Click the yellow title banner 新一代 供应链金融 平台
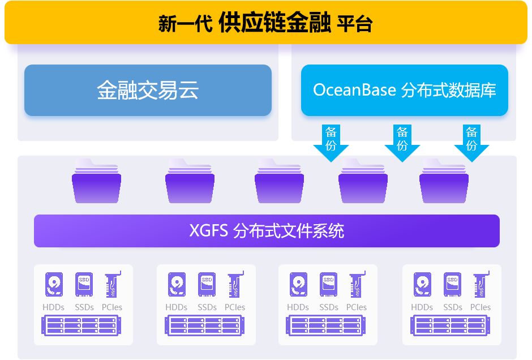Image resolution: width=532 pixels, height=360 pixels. (265, 23)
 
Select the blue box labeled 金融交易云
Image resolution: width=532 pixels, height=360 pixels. (148, 91)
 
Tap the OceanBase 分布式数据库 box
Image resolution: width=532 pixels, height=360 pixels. (404, 91)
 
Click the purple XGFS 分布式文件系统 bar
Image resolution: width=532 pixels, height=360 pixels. (267, 231)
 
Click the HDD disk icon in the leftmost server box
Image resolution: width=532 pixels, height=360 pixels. (54, 285)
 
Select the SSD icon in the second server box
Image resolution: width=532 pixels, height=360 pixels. (207, 285)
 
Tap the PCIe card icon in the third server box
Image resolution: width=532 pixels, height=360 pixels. (357, 285)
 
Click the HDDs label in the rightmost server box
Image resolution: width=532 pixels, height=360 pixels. (422, 307)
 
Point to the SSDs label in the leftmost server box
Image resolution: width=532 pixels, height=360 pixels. (84, 307)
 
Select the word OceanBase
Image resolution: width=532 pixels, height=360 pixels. (354, 91)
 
